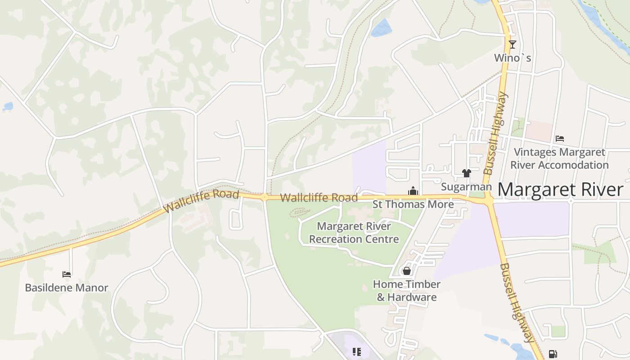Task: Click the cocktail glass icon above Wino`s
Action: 512,44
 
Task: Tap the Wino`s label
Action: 513,58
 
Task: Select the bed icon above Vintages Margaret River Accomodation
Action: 560,138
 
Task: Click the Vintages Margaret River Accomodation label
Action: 559,158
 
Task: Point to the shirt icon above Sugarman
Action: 466,173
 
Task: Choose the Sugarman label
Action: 466,187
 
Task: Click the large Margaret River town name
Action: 560,189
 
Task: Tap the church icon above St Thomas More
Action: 413,191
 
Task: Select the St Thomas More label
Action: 413,204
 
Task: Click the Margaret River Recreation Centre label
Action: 354,233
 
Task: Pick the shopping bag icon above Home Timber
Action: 406,271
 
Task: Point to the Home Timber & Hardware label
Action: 407,291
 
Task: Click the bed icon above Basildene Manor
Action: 67,274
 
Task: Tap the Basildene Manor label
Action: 67,288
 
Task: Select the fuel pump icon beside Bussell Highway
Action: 553,354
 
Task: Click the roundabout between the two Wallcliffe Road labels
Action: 265,197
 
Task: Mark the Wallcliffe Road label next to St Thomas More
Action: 319,198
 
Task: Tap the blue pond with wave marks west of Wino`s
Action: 381,28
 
